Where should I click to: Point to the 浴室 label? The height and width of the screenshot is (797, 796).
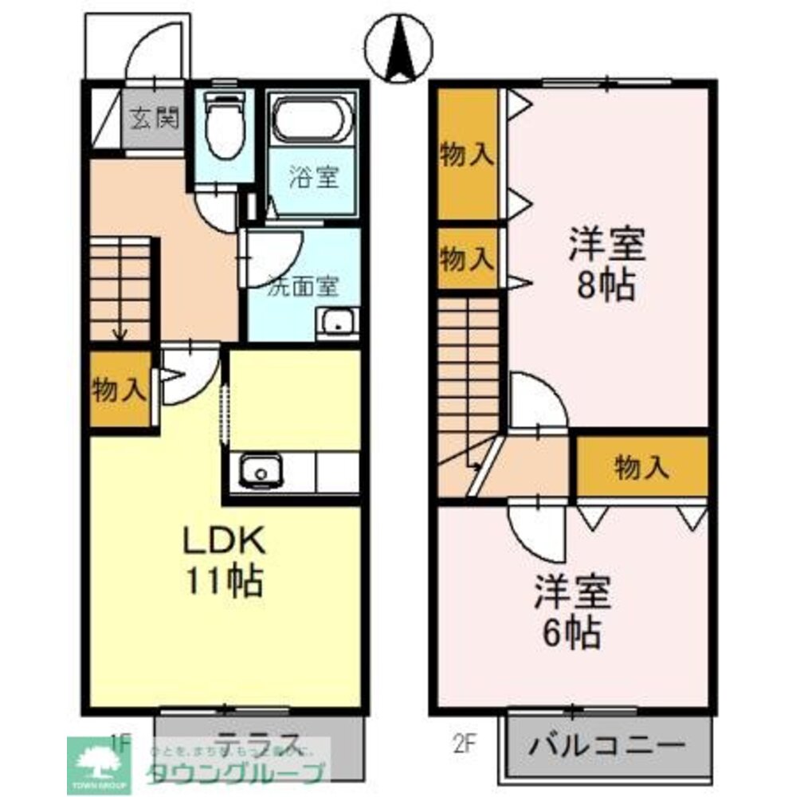(x=312, y=177)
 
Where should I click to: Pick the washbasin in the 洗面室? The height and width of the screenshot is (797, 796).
(x=338, y=323)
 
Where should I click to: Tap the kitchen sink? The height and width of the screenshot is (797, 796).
(x=259, y=470)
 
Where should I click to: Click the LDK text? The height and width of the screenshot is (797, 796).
(x=224, y=542)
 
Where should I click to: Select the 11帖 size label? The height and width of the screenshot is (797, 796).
(x=225, y=581)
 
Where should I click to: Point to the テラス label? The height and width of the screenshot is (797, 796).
(x=258, y=742)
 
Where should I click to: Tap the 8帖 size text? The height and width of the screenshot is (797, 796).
(x=606, y=284)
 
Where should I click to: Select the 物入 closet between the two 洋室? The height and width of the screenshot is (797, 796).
(x=642, y=468)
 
